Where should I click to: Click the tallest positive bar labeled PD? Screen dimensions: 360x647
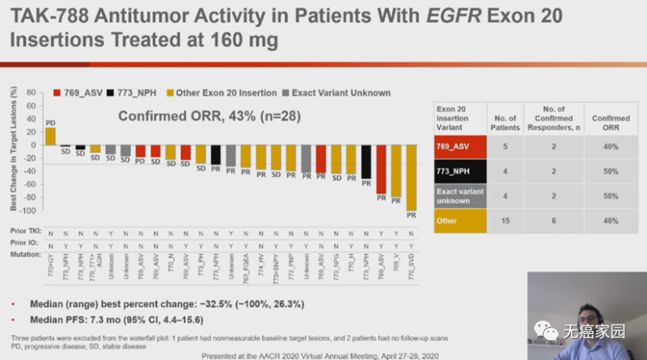click(x=50, y=135)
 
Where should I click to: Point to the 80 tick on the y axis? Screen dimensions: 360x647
click(x=31, y=94)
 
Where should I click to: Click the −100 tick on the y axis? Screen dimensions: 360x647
click(x=28, y=210)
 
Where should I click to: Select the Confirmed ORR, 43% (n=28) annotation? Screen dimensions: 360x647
click(x=210, y=116)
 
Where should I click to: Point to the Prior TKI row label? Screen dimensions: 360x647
click(x=27, y=231)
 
